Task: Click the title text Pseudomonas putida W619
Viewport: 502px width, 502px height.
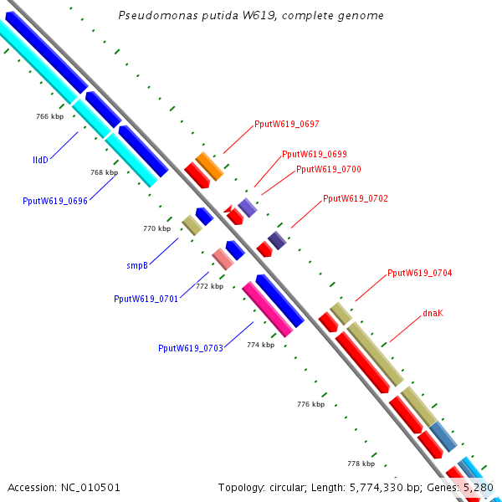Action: pyautogui.click(x=252, y=16)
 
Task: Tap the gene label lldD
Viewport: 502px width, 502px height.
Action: pyautogui.click(x=40, y=159)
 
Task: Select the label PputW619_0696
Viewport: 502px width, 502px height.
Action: pyautogui.click(x=55, y=201)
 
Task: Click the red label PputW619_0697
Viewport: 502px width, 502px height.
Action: pyautogui.click(x=286, y=124)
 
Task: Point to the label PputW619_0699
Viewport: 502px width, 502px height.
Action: pyautogui.click(x=314, y=154)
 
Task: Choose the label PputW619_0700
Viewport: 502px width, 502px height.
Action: pyautogui.click(x=328, y=169)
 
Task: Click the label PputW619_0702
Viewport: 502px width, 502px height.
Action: pyautogui.click(x=355, y=199)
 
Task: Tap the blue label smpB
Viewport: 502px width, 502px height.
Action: pyautogui.click(x=137, y=265)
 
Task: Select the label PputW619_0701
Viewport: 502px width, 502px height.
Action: pyautogui.click(x=146, y=299)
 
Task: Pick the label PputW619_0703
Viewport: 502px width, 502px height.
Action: pyautogui.click(x=190, y=348)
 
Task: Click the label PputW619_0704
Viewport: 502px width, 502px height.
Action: pyautogui.click(x=419, y=274)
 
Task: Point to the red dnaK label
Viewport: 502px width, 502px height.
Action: pyautogui.click(x=433, y=313)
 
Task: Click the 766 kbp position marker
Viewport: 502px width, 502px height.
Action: pyautogui.click(x=50, y=116)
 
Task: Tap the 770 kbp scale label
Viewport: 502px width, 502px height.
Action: pyautogui.click(x=156, y=228)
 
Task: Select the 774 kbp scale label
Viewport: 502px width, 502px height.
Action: pyautogui.click(x=260, y=344)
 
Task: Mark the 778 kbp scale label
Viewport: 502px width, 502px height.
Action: pyautogui.click(x=361, y=464)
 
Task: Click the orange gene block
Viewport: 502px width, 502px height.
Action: pyautogui.click(x=209, y=166)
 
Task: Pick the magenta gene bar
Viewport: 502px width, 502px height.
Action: pyautogui.click(x=267, y=309)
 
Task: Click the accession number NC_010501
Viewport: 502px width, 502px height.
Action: pyautogui.click(x=64, y=487)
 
